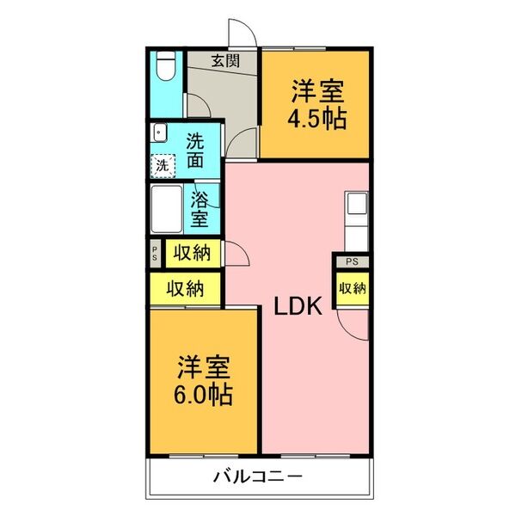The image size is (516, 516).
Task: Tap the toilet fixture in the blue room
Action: point(167,69)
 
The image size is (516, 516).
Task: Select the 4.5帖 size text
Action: point(318,118)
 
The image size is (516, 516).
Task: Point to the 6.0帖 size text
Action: point(205,395)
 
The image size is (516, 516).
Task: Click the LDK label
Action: point(298,306)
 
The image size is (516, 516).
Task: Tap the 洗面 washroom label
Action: point(196,149)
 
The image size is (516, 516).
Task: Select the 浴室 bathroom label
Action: point(199,208)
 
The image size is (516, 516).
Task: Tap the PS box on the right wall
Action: point(352,261)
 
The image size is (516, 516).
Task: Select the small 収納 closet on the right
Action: point(352,287)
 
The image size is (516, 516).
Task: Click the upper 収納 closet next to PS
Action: point(189,253)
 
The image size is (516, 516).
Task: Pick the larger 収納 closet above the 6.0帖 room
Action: point(185,289)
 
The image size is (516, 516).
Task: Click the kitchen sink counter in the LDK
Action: point(356,218)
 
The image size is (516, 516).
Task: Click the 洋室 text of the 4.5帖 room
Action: point(318,90)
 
